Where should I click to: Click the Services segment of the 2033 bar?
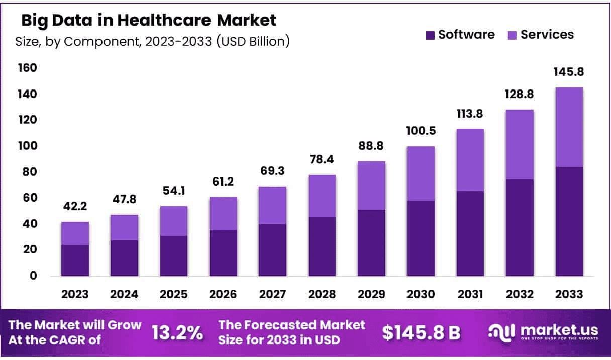click(x=569, y=127)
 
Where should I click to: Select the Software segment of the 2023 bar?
click(x=75, y=260)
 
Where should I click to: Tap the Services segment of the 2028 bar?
click(x=322, y=196)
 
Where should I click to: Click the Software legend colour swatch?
click(x=430, y=35)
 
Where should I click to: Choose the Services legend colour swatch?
click(x=512, y=35)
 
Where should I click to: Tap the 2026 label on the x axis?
click(x=223, y=294)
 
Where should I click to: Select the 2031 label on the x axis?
click(x=470, y=294)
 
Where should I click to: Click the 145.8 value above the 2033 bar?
click(x=569, y=72)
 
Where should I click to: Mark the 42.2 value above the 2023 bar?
click(x=75, y=207)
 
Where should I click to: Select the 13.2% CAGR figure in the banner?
click(x=177, y=332)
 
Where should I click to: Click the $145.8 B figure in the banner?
click(x=421, y=332)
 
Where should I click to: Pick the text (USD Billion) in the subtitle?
click(x=253, y=41)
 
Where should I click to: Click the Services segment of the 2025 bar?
click(x=174, y=221)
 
